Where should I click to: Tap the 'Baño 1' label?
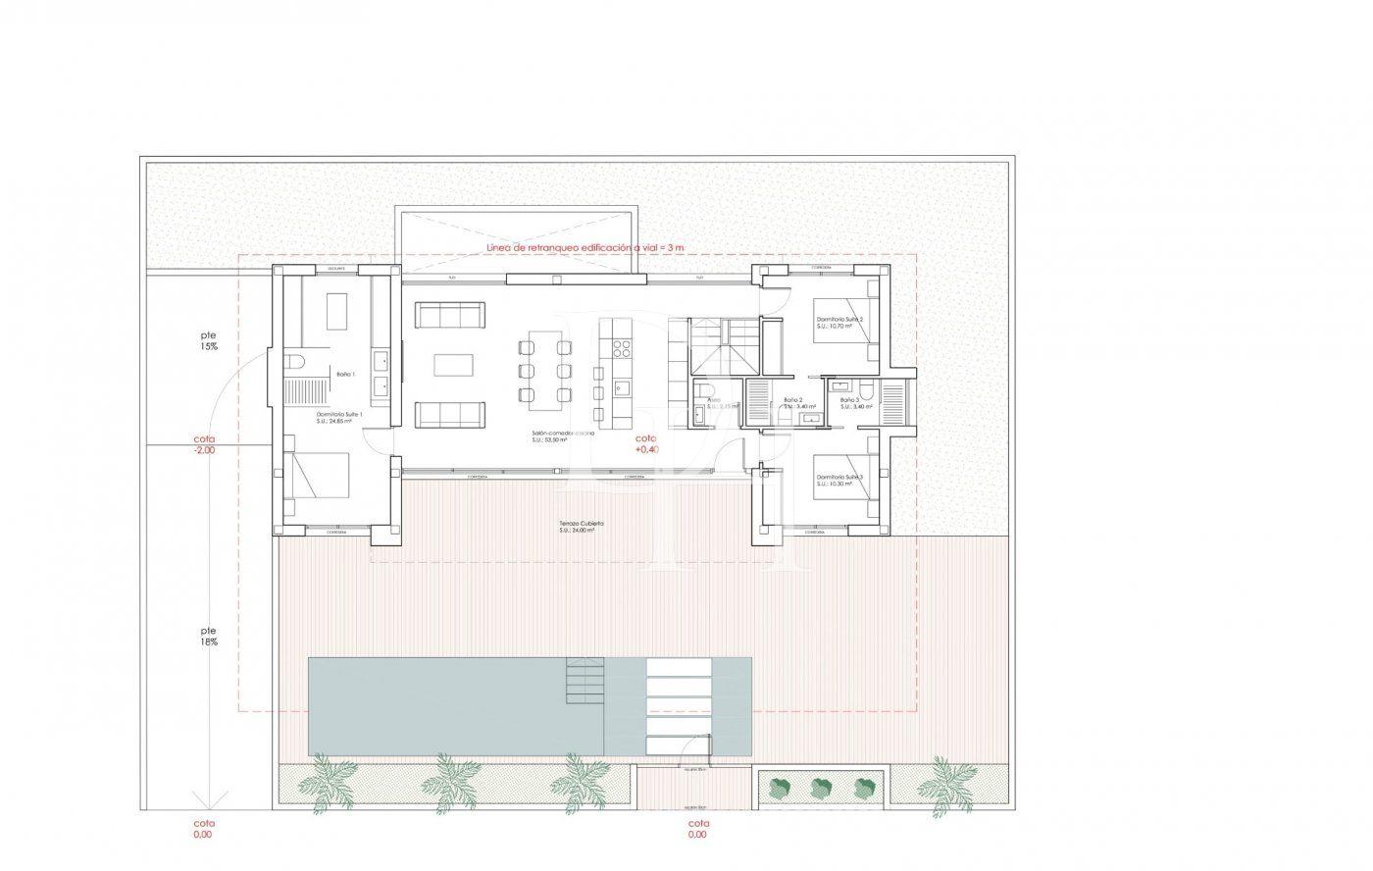coord(345,374)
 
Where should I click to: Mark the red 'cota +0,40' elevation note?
coord(647,443)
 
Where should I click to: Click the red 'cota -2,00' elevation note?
coord(204,445)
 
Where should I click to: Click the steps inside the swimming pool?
coord(585,678)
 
